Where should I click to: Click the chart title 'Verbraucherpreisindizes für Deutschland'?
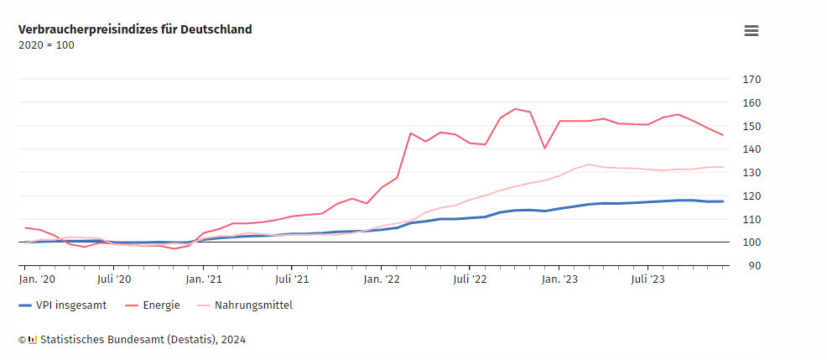(x=135, y=29)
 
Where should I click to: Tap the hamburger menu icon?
(x=752, y=30)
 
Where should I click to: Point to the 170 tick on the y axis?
(x=752, y=80)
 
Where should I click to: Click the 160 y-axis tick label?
(x=752, y=103)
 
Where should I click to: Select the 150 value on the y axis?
(x=752, y=126)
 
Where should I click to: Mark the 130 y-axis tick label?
(x=752, y=173)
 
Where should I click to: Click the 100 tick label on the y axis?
(x=752, y=243)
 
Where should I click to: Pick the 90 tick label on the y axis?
(x=755, y=265)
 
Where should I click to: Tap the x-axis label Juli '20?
(x=114, y=279)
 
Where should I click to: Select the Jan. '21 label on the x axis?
(x=204, y=279)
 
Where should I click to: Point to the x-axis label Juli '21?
(x=291, y=279)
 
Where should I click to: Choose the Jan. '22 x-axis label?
(x=382, y=279)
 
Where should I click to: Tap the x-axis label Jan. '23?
(x=559, y=279)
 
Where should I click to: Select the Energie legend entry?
(x=161, y=305)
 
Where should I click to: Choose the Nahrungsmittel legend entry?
(x=253, y=305)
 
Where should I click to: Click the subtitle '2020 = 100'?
(x=46, y=45)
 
